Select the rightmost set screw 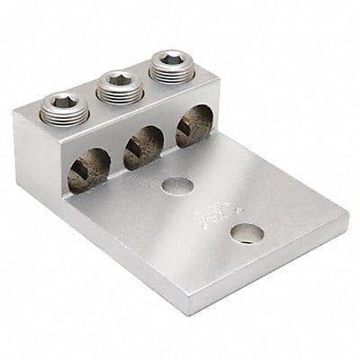(x=168, y=64)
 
